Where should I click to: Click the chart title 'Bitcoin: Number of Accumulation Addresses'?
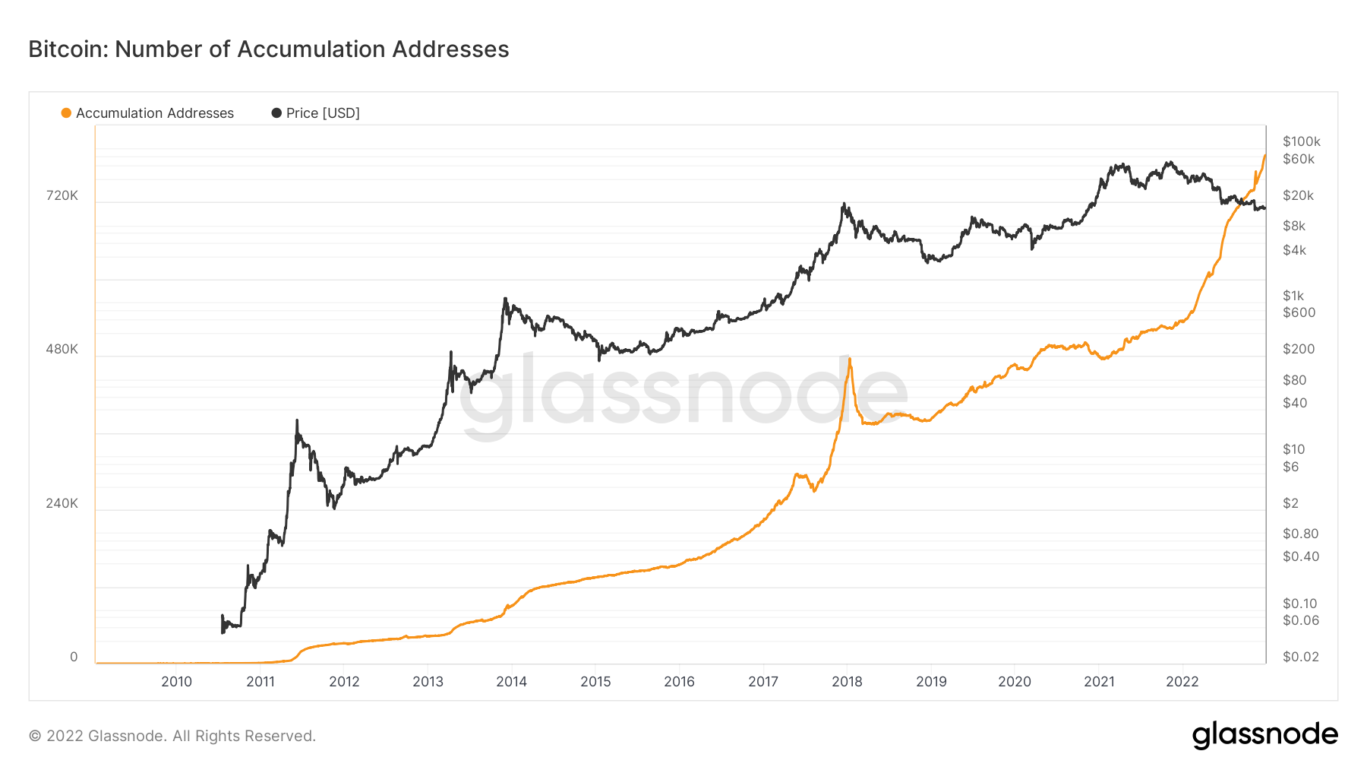pos(269,49)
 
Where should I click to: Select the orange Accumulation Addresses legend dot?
pos(66,113)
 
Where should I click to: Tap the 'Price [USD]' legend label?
pos(323,113)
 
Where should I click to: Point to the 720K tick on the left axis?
pos(62,196)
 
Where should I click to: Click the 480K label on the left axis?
pos(62,350)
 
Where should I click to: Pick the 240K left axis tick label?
pos(62,504)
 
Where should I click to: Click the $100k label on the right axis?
pos(1302,141)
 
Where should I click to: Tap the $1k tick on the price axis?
pos(1293,296)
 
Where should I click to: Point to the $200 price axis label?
pos(1299,350)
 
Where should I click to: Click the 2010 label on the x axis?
pos(177,682)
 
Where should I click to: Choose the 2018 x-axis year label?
pos(847,682)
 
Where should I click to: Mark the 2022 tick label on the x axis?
pos(1182,682)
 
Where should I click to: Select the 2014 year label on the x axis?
pos(512,682)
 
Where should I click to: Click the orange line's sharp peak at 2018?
pos(849,359)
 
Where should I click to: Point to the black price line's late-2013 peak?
pos(505,299)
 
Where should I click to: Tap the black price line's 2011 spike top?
pos(296,420)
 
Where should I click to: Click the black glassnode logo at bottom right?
pos(1264,735)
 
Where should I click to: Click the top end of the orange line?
pos(1264,156)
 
